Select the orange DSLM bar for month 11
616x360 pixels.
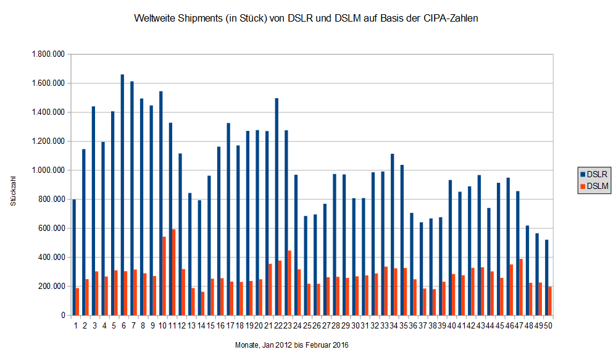tap(174, 272)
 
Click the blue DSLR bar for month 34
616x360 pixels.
tap(392, 234)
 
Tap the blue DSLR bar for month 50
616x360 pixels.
tap(547, 277)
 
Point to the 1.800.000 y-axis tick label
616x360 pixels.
tap(48, 54)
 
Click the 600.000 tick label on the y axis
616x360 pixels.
tap(51, 228)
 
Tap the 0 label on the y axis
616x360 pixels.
tap(62, 316)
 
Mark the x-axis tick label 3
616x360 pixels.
tap(94, 326)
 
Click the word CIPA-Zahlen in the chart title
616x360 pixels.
tap(450, 19)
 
